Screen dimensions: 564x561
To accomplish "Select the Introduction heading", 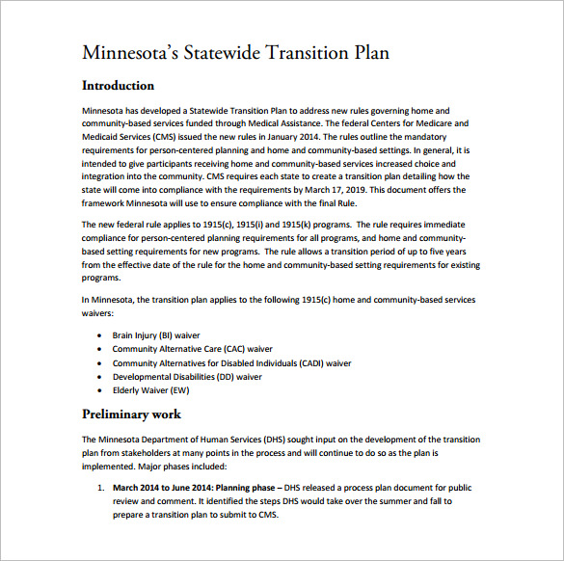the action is pos(118,86).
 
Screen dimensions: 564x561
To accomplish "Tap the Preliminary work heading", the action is pos(132,415).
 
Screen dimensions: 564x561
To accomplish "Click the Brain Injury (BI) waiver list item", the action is pos(155,334).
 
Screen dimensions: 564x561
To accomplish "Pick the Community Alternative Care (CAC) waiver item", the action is pos(192,349).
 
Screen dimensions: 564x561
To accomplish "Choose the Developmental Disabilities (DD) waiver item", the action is pos(187,377).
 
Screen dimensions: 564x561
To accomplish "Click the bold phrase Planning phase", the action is pos(241,488).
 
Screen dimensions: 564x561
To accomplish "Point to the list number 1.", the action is pos(100,488).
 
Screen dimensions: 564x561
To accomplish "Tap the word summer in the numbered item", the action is pos(380,501).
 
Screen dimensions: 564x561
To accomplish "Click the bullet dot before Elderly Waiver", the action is pos(100,390).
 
